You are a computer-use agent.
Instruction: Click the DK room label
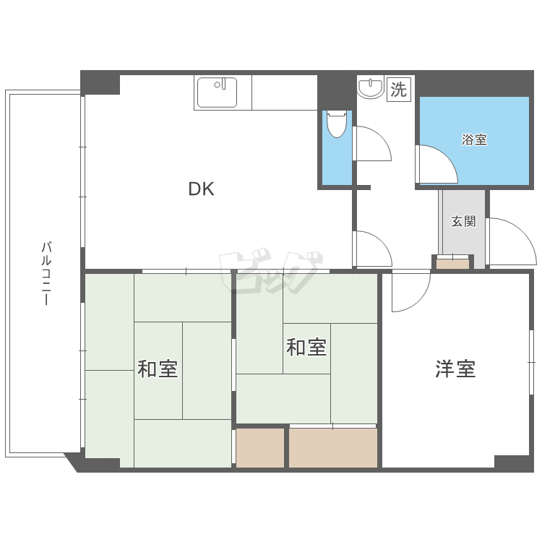pyautogui.click(x=201, y=189)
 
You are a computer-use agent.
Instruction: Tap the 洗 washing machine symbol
pyautogui.click(x=398, y=89)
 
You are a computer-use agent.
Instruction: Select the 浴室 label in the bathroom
pyautogui.click(x=474, y=139)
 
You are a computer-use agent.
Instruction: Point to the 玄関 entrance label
pyautogui.click(x=463, y=221)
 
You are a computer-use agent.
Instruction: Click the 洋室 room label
pyautogui.click(x=455, y=369)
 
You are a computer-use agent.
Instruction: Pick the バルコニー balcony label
pyautogui.click(x=47, y=273)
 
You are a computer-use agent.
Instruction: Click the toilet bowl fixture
pyautogui.click(x=337, y=124)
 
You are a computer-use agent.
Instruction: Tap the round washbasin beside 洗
pyautogui.click(x=370, y=88)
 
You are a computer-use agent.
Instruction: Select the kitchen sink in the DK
pyautogui.click(x=217, y=93)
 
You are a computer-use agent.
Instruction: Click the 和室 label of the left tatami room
pyautogui.click(x=158, y=369)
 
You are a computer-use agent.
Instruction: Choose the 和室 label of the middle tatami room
pyautogui.click(x=306, y=347)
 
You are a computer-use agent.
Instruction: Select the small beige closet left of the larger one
pyautogui.click(x=260, y=447)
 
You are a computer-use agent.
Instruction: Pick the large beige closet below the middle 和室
pyautogui.click(x=333, y=447)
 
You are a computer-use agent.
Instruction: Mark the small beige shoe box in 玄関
pyautogui.click(x=452, y=264)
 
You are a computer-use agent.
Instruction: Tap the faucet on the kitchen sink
pyautogui.click(x=223, y=84)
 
